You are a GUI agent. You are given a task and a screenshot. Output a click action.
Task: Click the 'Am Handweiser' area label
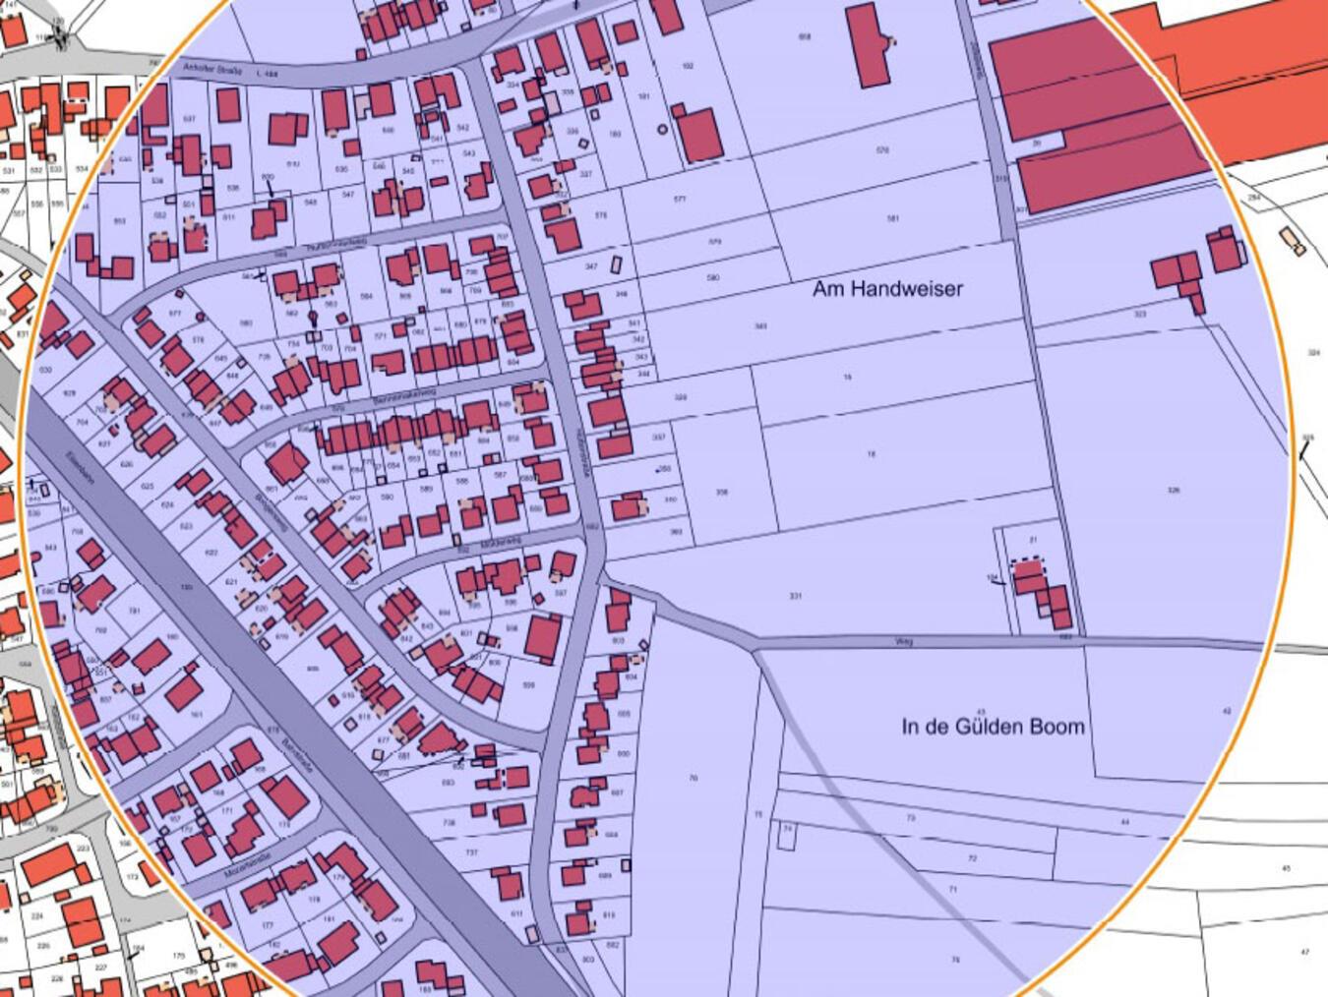[887, 289]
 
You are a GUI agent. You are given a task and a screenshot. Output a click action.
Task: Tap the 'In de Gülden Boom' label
[993, 728]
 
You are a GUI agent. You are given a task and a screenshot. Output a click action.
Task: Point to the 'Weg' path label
[904, 642]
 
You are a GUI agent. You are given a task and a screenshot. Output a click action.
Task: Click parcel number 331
[795, 596]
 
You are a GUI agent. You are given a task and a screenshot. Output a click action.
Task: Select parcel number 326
[1173, 490]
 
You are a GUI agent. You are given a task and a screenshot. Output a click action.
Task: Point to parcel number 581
[892, 218]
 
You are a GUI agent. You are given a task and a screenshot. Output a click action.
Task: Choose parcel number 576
[882, 150]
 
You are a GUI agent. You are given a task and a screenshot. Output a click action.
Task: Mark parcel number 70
[694, 778]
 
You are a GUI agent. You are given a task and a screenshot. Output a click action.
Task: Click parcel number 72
[972, 858]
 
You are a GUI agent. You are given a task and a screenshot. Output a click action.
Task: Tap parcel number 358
[722, 492]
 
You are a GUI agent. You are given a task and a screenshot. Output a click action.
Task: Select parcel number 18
[871, 454]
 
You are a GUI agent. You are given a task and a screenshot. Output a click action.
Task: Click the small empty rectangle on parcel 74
[786, 837]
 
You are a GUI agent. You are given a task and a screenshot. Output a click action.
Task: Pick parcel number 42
[1226, 711]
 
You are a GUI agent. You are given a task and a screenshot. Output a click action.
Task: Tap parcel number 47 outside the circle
[1305, 952]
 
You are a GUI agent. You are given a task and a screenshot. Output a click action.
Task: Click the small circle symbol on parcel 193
[663, 129]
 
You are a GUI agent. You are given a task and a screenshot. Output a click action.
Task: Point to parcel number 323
[1140, 315]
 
